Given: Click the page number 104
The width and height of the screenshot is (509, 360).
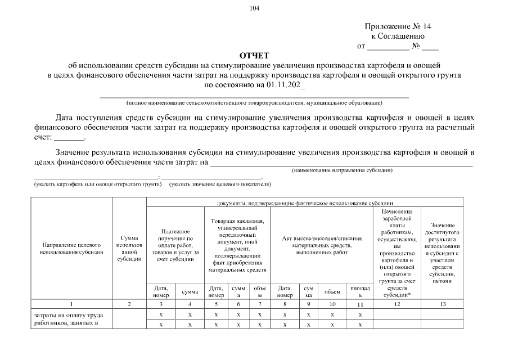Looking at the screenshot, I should [x=254, y=8].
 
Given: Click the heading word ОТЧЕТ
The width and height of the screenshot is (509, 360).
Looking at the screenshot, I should [x=254, y=55].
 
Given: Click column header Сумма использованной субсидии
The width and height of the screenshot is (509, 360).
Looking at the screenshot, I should [x=129, y=250].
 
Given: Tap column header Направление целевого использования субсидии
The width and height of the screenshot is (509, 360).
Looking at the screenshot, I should [x=71, y=249].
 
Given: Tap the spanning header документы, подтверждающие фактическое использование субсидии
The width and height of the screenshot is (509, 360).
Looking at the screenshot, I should [x=305, y=202].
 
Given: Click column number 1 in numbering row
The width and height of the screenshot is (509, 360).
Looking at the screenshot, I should [x=71, y=304].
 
